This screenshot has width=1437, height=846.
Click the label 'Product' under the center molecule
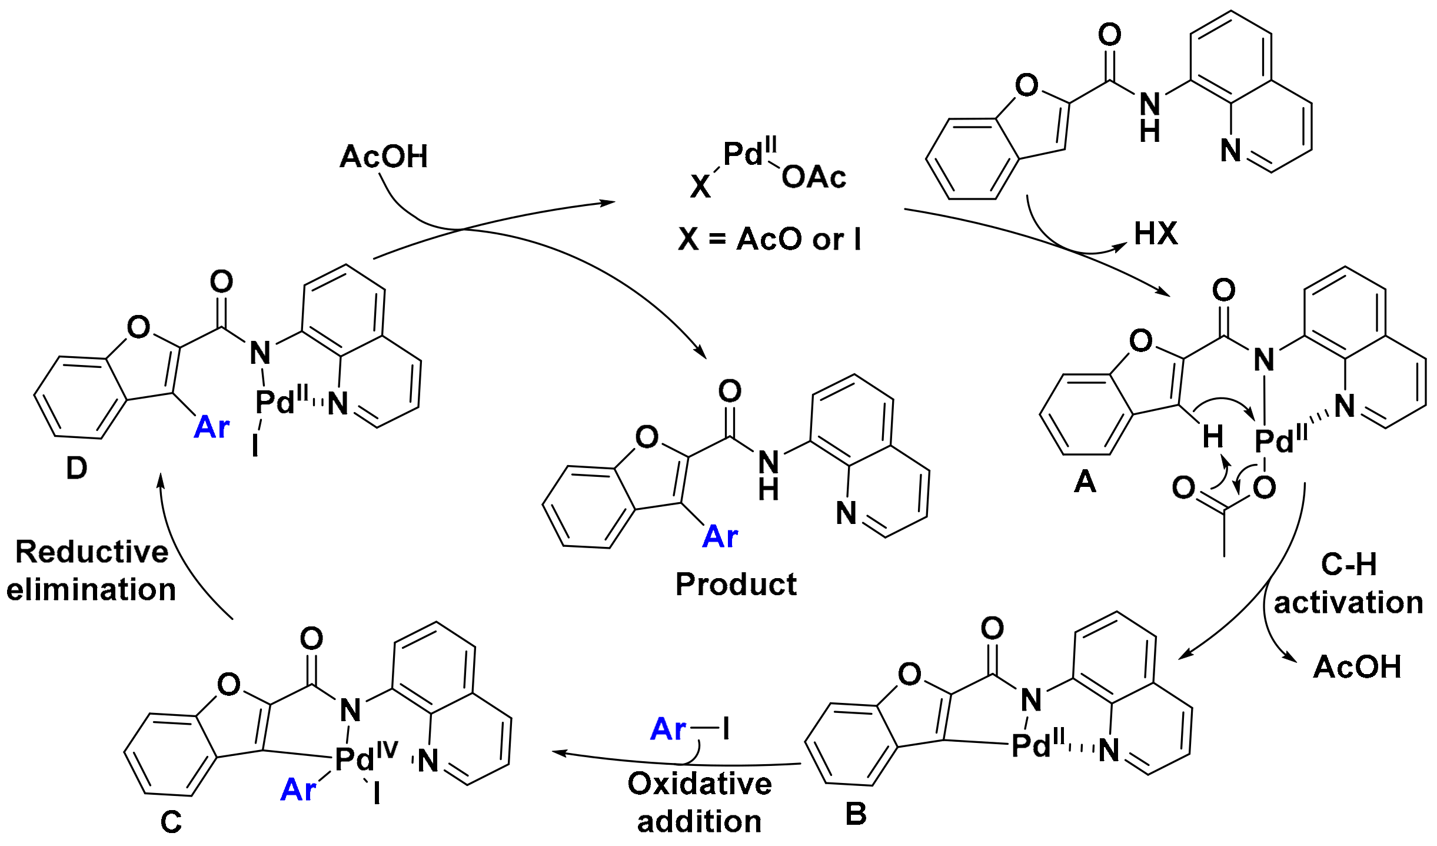point(736,585)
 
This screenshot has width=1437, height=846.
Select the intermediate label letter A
point(1085,482)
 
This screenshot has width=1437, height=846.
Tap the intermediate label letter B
point(856,815)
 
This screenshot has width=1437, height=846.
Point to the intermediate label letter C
point(171,822)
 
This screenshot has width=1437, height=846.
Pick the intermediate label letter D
point(76,469)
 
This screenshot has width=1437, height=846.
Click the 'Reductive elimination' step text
point(91,570)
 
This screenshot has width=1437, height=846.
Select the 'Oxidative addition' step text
point(699,802)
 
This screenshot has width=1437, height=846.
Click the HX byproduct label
point(1156,234)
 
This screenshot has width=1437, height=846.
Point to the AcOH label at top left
point(384,157)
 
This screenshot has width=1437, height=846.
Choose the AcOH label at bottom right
point(1357,668)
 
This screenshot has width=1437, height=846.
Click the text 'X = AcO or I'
point(770,240)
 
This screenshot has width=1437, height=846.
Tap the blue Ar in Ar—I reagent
point(668,729)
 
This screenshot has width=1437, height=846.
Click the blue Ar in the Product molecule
point(720,537)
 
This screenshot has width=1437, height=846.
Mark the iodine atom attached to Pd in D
point(255,446)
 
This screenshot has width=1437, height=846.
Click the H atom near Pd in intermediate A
point(1213,437)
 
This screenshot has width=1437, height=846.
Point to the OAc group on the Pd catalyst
point(813,177)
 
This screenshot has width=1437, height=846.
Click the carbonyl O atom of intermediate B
point(992,628)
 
